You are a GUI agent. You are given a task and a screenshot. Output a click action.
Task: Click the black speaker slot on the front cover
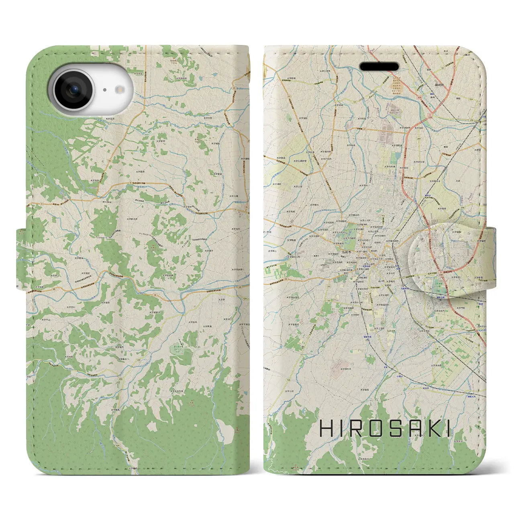[x=379, y=66]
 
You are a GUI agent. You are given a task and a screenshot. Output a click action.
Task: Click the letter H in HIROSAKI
[x=326, y=429]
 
